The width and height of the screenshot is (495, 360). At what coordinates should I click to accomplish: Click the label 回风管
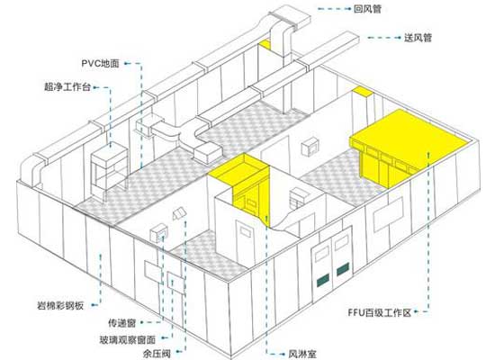click(x=367, y=9)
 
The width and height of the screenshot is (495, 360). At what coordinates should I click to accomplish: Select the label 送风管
click(x=418, y=38)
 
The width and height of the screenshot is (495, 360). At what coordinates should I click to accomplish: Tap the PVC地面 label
click(x=101, y=64)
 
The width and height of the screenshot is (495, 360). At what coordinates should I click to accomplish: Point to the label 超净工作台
click(x=67, y=86)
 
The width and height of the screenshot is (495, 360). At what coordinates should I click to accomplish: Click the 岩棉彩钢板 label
click(x=60, y=305)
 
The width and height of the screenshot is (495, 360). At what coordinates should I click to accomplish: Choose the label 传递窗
click(x=122, y=323)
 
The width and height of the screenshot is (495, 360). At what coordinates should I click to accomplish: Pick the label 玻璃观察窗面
click(x=128, y=340)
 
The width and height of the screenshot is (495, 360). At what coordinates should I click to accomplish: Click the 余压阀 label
click(x=157, y=353)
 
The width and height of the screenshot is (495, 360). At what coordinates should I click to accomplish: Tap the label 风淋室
click(x=302, y=354)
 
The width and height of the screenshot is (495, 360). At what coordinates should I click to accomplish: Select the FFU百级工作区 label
click(x=380, y=312)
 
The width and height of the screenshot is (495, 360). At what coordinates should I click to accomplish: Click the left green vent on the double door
click(x=322, y=279)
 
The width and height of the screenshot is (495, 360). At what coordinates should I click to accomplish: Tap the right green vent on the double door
click(x=343, y=268)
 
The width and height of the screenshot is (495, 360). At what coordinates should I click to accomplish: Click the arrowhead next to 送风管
click(x=399, y=38)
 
